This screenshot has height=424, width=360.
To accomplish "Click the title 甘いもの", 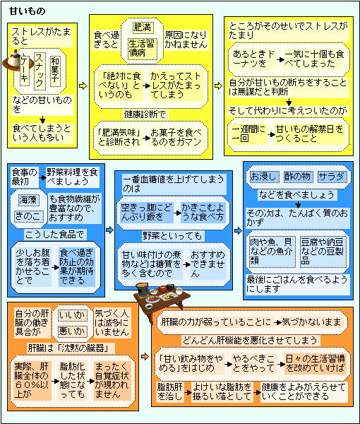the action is pyautogui.click(x=27, y=11).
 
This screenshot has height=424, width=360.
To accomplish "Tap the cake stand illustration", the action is pyautogui.click(x=15, y=61).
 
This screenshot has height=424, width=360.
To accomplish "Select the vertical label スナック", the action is pyautogui.click(x=40, y=71).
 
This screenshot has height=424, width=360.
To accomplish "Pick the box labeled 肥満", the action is pyautogui.click(x=143, y=28).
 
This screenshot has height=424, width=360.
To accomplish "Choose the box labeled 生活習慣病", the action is pyautogui.click(x=142, y=49).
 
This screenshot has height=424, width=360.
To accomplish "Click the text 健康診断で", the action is pyautogui.click(x=145, y=114).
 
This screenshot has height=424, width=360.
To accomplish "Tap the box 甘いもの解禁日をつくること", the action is pyautogui.click(x=310, y=134).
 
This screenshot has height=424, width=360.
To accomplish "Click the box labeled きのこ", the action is pyautogui.click(x=29, y=216).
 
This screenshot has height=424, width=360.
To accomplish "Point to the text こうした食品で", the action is pyautogui.click(x=54, y=234).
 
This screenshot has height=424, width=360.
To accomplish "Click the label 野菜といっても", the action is pyautogui.click(x=172, y=236).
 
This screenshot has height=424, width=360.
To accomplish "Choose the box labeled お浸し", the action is pyautogui.click(x=263, y=177).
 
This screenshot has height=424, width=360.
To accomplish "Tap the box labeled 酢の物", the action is pyautogui.click(x=298, y=177).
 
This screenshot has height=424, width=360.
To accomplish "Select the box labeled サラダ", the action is pyautogui.click(x=332, y=177).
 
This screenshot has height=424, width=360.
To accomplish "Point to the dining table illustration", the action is pyautogui.click(x=162, y=297).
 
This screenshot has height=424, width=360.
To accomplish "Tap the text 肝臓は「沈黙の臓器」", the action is pyautogui.click(x=68, y=348).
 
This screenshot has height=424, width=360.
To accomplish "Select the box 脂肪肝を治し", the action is pyautogui.click(x=169, y=391).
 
